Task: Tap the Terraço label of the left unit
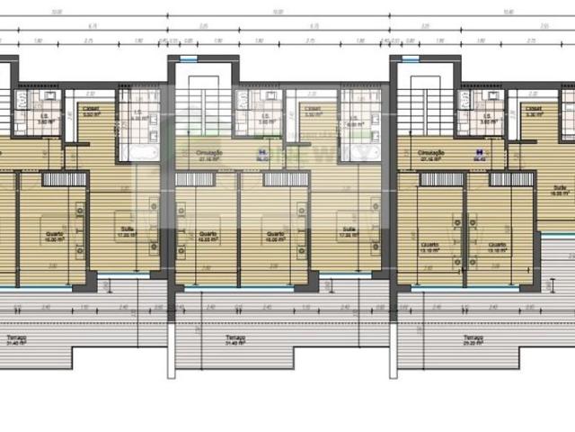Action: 13,341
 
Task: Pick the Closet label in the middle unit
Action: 313,112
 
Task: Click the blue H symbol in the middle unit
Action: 261,153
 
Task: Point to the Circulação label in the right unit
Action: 430,154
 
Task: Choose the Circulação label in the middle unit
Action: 208,154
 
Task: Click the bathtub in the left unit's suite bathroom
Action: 141,154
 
